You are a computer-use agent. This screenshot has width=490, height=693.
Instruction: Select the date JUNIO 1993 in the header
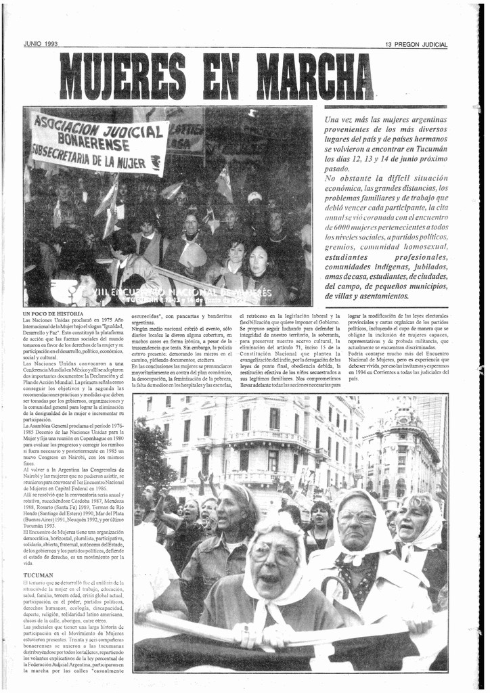coord(41,44)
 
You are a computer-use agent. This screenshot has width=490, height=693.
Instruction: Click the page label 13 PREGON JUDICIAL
coord(416,45)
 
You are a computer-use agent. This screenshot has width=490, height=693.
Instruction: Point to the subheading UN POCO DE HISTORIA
coord(53,314)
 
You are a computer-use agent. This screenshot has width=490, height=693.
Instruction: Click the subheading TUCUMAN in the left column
coord(39,575)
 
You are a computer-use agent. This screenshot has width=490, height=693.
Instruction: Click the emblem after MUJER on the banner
coord(156,162)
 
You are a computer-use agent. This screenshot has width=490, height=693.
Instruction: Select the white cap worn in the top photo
coord(254,196)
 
